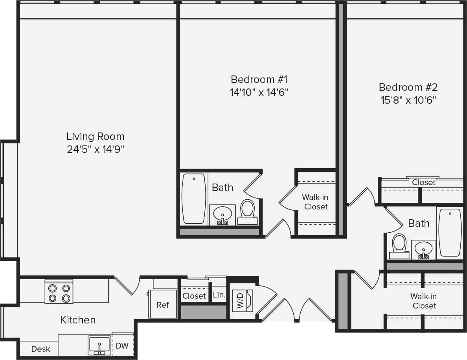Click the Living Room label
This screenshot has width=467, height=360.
coord(95,136)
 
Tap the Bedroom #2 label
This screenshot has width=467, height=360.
coord(408,87)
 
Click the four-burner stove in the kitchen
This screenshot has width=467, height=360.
coord(59,292)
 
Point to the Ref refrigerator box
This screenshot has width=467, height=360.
coord(162,304)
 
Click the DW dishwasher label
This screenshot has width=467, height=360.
coord(122,345)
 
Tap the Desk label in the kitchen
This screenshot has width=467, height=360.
coord(40,349)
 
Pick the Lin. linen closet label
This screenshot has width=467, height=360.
coord(219,295)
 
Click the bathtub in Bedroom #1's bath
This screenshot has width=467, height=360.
coord(194,198)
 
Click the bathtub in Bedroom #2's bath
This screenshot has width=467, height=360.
coord(450,232)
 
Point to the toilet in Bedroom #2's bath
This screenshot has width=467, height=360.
coord(399,246)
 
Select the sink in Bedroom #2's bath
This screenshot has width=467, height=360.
coord(423,249)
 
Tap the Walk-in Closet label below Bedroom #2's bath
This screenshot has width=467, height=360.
coord(424,301)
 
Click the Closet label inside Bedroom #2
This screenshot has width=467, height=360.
coord(423,182)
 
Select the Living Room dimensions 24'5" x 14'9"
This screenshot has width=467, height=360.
coord(95,150)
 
